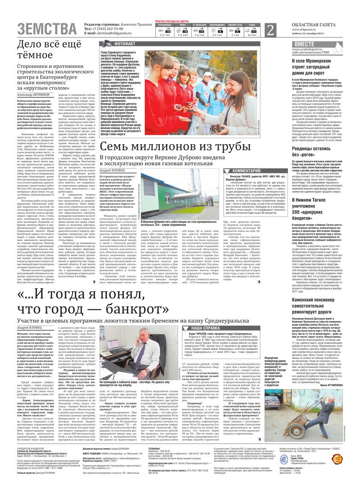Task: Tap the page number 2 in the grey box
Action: click(270, 30)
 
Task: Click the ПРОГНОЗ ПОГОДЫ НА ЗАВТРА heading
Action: click(172, 21)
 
